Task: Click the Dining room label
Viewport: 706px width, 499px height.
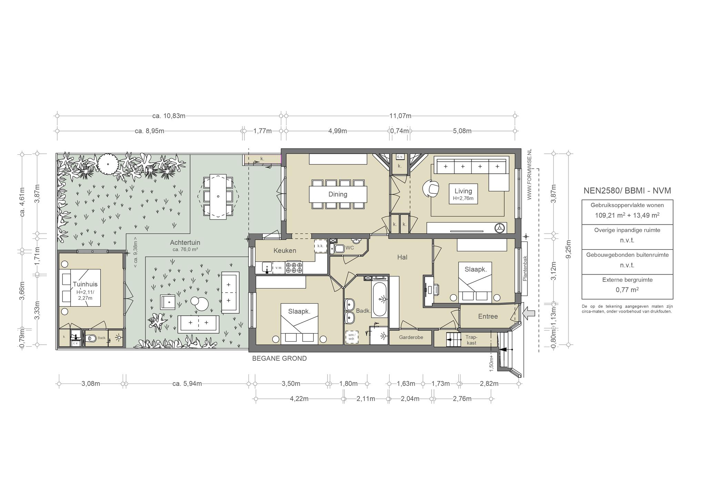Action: pyautogui.click(x=337, y=194)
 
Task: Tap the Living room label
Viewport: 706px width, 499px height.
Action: pyautogui.click(x=463, y=191)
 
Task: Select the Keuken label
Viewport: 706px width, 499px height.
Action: pyautogui.click(x=285, y=251)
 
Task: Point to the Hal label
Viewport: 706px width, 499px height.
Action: pyautogui.click(x=402, y=257)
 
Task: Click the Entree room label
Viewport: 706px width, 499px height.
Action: pyautogui.click(x=488, y=316)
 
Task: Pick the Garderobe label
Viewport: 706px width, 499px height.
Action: pyautogui.click(x=411, y=337)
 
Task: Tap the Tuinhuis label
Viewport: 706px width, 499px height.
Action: pyautogui.click(x=85, y=284)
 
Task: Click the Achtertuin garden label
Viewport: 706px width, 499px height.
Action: pyautogui.click(x=185, y=243)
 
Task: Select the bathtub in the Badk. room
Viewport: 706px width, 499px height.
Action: pyautogui.click(x=380, y=299)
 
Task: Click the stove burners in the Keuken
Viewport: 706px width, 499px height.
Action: pyautogui.click(x=294, y=268)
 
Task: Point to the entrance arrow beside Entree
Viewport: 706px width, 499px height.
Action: pyautogui.click(x=529, y=313)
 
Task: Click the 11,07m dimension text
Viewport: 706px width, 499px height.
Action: pyautogui.click(x=400, y=116)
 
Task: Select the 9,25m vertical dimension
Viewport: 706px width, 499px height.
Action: pyautogui.click(x=569, y=249)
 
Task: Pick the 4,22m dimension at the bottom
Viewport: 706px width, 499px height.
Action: pyautogui.click(x=299, y=399)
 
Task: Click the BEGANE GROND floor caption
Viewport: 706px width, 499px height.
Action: pyautogui.click(x=279, y=358)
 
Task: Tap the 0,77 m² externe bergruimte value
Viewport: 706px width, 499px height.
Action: pyautogui.click(x=627, y=290)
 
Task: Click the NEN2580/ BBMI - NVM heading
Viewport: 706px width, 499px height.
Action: pyautogui.click(x=627, y=191)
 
